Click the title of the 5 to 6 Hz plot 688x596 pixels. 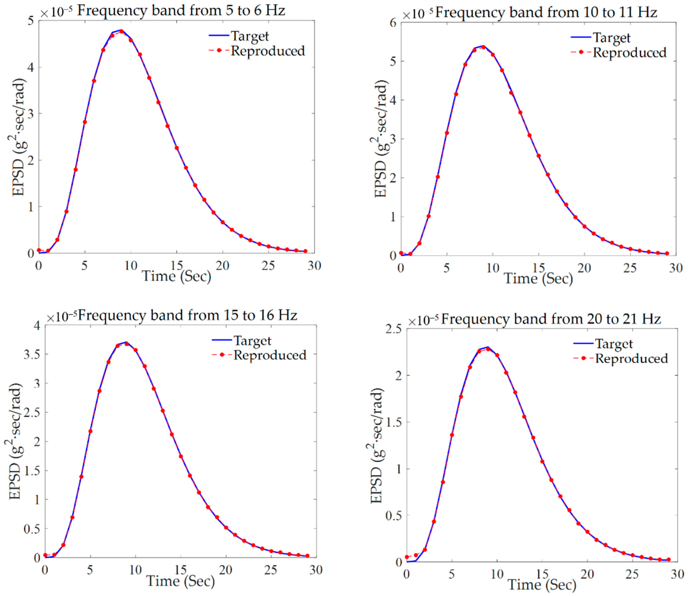[x=181, y=11]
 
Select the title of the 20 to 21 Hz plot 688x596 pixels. [x=551, y=319]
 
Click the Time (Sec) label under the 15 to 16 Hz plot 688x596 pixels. [x=181, y=581]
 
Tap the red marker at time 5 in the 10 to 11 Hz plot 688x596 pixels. [x=447, y=133]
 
